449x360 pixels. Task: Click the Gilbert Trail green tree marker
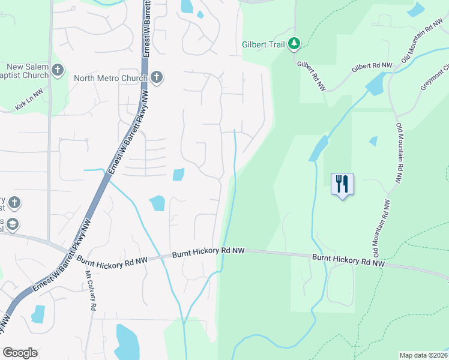(x=294, y=44)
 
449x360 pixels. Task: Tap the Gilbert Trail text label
(x=263, y=44)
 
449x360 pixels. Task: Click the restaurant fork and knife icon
(x=343, y=184)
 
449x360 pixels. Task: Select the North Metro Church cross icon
(x=156, y=77)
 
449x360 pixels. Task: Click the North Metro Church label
(x=110, y=78)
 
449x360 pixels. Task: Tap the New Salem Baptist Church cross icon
(x=58, y=71)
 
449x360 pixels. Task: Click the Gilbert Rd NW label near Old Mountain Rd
(x=372, y=67)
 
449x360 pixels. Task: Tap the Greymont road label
(x=434, y=78)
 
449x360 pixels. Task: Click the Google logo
(x=20, y=353)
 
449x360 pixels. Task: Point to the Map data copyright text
(x=423, y=355)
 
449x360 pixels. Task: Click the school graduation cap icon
(x=12, y=224)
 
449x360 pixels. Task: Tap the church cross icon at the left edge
(x=14, y=203)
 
